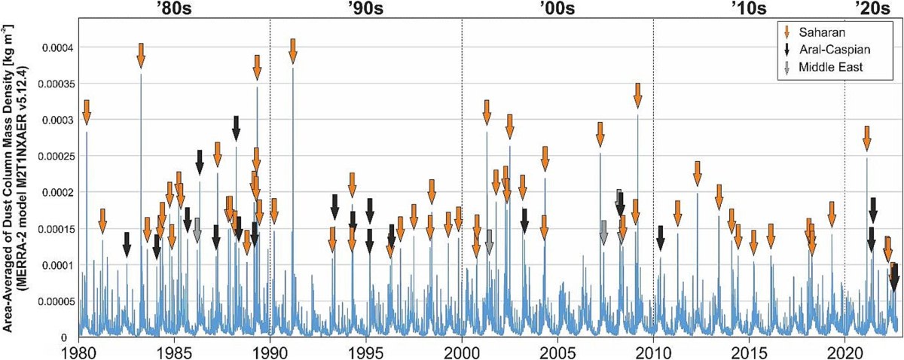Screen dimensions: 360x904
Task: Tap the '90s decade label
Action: click(x=365, y=9)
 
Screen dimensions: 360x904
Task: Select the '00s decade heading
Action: click(x=557, y=9)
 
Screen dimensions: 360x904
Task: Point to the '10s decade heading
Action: click(x=749, y=9)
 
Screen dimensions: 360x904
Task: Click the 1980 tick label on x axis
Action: click(x=78, y=352)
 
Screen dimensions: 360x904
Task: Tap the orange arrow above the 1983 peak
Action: click(x=141, y=56)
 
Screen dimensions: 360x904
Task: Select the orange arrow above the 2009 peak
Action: click(x=637, y=95)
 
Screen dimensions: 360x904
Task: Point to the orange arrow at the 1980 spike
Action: click(x=86, y=111)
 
